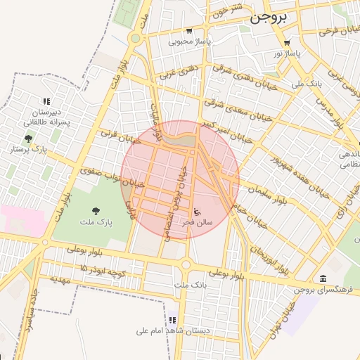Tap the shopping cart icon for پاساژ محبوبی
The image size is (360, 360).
tap(189, 30)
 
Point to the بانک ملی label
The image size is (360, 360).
tap(307, 83)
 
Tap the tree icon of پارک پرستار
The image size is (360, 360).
tap(27, 139)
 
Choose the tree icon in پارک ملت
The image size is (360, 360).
tap(95, 210)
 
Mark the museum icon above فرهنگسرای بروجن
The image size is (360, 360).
tap(322, 278)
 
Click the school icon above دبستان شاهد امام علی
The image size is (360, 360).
tap(172, 320)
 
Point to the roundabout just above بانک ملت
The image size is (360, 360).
tap(186, 265)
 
